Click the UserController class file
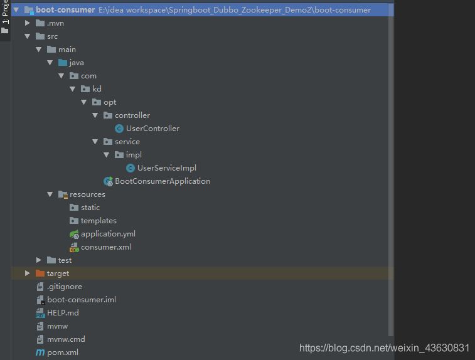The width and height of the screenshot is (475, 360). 152,129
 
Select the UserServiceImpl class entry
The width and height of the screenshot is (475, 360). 167,168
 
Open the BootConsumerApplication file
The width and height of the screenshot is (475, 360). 163,181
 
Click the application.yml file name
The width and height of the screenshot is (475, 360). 108,234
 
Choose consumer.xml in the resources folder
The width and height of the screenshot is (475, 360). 106,247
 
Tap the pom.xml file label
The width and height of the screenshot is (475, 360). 63,352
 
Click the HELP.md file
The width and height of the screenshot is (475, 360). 63,313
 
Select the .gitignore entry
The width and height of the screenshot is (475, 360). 65,287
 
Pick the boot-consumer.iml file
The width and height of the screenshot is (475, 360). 82,300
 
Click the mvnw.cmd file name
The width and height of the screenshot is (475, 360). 66,339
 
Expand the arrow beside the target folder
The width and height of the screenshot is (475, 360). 27,273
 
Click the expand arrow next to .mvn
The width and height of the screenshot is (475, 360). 27,23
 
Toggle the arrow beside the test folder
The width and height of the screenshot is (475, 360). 38,260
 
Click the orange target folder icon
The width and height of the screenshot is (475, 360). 40,273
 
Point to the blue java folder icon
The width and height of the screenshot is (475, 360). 63,62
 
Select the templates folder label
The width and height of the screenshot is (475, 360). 99,221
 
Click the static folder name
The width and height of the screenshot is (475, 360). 90,208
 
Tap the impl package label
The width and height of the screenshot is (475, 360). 134,155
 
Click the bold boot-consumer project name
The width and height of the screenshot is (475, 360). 65,10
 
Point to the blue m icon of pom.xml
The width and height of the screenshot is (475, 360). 40,352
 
